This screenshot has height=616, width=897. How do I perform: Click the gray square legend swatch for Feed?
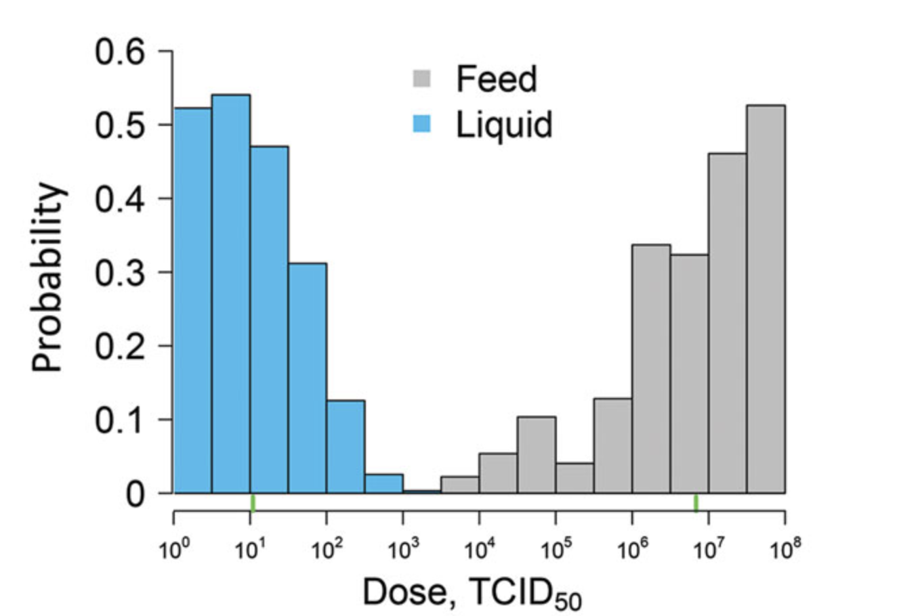pyautogui.click(x=421, y=78)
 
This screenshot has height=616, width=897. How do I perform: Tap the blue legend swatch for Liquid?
pyautogui.click(x=421, y=124)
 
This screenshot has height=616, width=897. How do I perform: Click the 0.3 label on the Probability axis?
pyautogui.click(x=121, y=272)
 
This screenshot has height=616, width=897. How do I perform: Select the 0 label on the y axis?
pyautogui.click(x=135, y=494)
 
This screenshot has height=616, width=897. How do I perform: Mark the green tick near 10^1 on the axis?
pyautogui.click(x=253, y=503)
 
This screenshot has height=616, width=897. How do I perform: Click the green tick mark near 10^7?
pyautogui.click(x=696, y=503)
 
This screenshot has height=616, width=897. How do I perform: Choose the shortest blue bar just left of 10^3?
pyautogui.click(x=383, y=483)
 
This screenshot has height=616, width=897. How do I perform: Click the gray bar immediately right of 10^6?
pyautogui.click(x=651, y=369)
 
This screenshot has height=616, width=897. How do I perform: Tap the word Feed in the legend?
pyautogui.click(x=496, y=79)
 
